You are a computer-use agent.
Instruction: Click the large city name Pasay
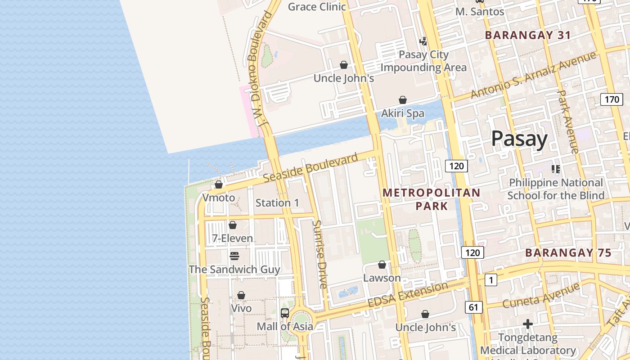tap(519, 139)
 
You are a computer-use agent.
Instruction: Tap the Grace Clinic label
tap(317, 7)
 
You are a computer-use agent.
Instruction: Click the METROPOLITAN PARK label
tap(432, 199)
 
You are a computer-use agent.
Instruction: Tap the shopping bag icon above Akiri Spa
tap(403, 100)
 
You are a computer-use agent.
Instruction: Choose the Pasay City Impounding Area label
tap(423, 61)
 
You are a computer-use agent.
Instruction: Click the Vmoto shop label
tap(219, 198)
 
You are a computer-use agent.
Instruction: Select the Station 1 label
tap(277, 203)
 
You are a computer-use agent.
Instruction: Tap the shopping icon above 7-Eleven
tap(233, 225)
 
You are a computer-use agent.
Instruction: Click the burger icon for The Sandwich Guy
tap(234, 256)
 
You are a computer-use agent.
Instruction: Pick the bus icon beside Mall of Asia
tap(285, 313)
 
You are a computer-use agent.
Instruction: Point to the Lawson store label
tap(382, 278)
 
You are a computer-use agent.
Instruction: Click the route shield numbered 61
tap(473, 307)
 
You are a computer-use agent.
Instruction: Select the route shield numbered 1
tap(490, 280)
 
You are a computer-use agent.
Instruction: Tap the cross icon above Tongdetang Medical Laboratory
tap(528, 324)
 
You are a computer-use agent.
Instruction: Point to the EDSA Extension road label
tap(408, 295)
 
